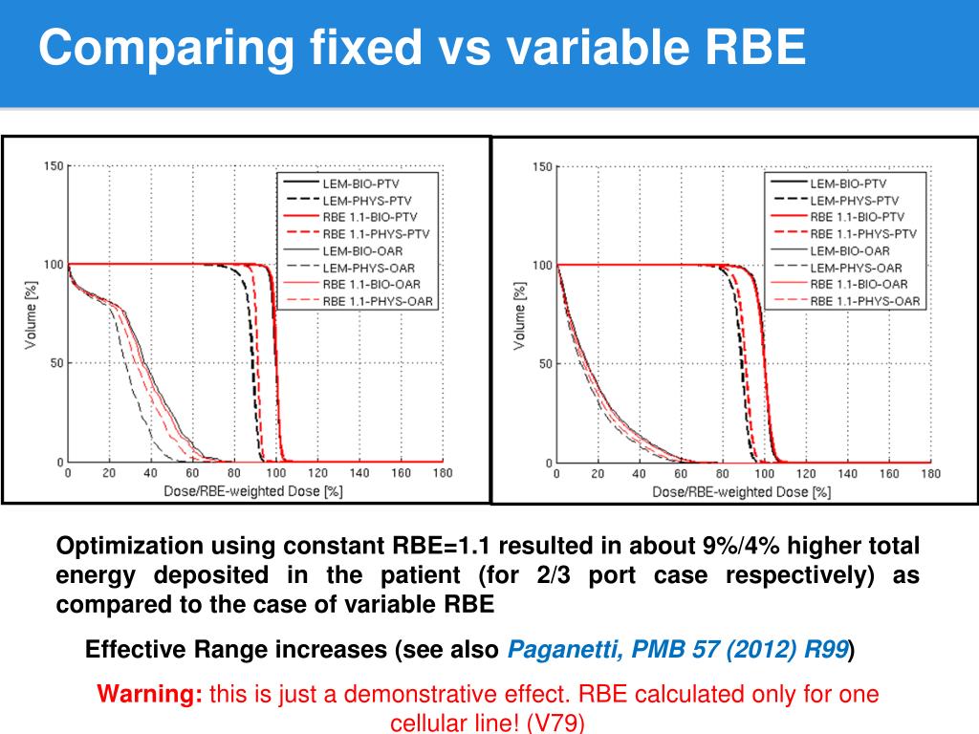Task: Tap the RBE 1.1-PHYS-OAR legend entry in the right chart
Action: (865, 302)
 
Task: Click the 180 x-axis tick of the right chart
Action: (930, 474)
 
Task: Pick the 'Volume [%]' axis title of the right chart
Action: (519, 315)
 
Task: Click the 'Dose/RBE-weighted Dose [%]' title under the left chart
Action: (254, 491)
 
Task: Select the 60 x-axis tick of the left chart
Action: (192, 473)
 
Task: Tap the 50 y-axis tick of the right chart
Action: (545, 364)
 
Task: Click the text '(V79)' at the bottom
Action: (555, 723)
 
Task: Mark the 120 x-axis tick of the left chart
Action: (317, 473)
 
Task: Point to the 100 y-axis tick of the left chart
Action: (54, 265)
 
